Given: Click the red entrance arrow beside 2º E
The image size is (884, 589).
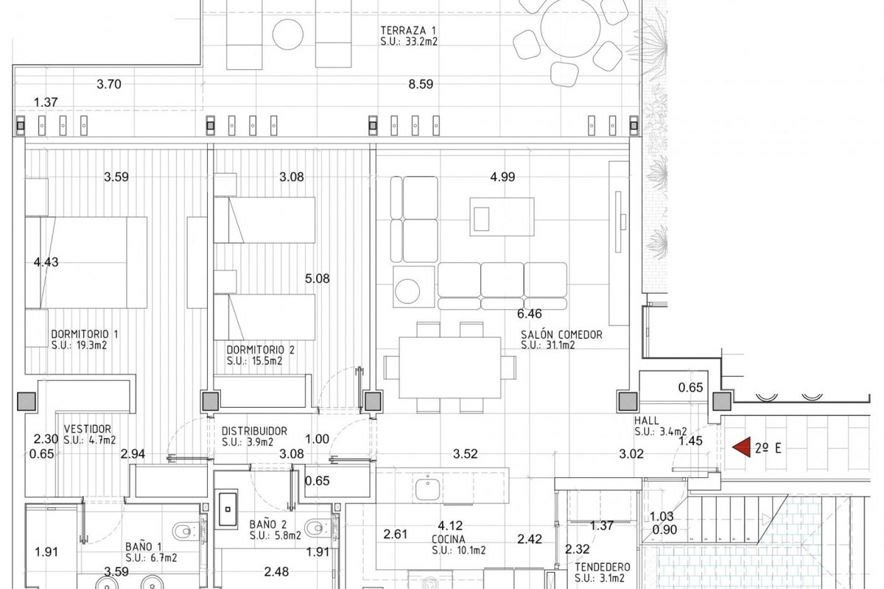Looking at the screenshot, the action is [x=742, y=448].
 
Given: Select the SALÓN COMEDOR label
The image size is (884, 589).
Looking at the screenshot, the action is [x=561, y=334].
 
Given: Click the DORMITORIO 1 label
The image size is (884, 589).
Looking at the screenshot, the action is [x=85, y=334].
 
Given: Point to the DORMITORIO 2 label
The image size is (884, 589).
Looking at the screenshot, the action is [x=261, y=350].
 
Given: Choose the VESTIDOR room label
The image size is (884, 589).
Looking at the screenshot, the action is [x=88, y=428].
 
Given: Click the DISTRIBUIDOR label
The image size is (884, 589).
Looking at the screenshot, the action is [x=254, y=431].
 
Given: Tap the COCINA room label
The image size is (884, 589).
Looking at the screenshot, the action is [x=449, y=539].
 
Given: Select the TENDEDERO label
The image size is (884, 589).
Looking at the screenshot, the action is [x=603, y=568].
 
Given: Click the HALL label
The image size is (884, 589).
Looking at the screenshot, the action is [x=647, y=420].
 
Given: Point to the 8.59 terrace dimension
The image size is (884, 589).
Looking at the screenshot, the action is [x=421, y=84].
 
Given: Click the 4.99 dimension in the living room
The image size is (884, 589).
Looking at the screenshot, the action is [x=502, y=177].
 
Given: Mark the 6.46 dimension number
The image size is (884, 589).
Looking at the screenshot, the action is [x=529, y=314].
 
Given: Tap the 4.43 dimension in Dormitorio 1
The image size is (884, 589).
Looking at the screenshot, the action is [x=46, y=262].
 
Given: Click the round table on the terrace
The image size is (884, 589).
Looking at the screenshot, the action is [x=570, y=29].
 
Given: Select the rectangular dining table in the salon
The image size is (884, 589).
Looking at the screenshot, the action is [x=450, y=367].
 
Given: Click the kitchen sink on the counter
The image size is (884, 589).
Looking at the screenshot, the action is [x=427, y=487].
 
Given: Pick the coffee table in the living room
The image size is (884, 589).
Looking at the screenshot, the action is [x=502, y=216].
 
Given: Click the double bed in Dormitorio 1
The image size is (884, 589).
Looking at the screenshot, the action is [x=86, y=262].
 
